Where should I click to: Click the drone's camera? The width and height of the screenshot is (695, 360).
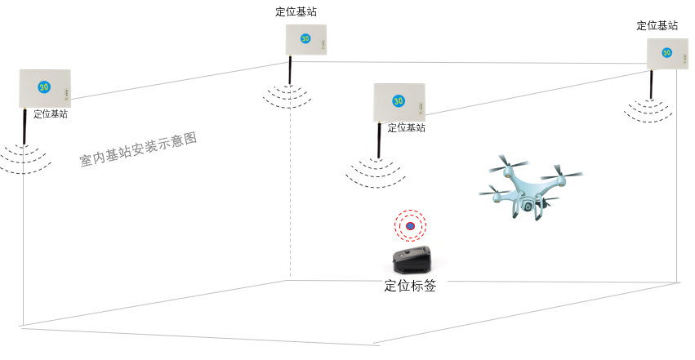tap(528, 206)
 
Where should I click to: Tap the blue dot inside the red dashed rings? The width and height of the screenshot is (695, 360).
tap(411, 226)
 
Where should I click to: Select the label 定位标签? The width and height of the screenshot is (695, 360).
tap(410, 286)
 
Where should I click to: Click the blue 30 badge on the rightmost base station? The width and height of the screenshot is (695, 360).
tap(666, 53)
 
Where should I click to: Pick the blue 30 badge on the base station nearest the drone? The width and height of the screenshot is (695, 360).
tap(398, 101)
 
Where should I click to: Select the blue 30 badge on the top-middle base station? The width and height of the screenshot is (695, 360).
tap(305, 38)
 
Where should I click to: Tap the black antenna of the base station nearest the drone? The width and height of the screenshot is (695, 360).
tap(379, 142)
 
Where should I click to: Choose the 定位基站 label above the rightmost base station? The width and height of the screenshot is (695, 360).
tap(657, 25)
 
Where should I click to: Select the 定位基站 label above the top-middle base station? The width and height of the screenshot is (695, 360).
tap(296, 12)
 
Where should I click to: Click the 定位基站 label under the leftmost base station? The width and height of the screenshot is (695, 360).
tap(51, 114)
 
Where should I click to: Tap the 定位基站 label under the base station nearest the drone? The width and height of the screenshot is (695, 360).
tap(406, 128)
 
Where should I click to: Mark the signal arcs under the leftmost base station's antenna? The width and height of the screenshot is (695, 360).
tap(25, 158)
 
